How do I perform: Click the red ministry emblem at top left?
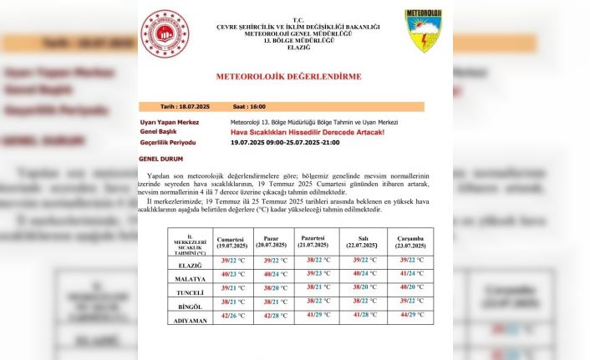[x=165, y=33]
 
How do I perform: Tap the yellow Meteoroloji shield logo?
[x=423, y=31]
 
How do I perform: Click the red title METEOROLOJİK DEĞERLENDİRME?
[x=288, y=76]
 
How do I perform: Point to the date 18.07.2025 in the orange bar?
[x=186, y=107]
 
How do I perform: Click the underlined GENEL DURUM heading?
[x=160, y=159]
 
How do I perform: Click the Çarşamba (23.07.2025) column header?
[x=410, y=242]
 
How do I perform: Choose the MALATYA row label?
[x=190, y=273]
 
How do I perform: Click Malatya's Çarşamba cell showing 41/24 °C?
[x=410, y=273]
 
